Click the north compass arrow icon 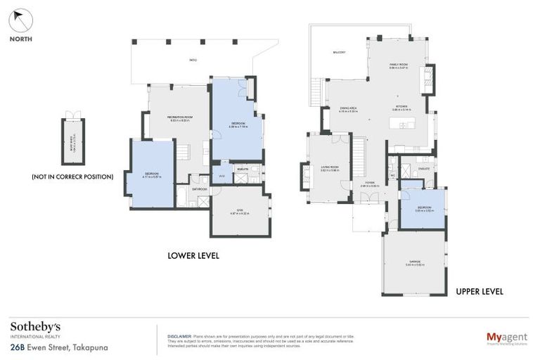21,20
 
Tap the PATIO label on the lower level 193,60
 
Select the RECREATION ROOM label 180,117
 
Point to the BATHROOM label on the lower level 200,188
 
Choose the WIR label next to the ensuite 221,176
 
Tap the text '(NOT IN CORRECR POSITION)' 72,176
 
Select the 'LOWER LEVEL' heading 193,256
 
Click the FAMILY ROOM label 399,65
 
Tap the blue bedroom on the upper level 423,209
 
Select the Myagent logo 506,338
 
